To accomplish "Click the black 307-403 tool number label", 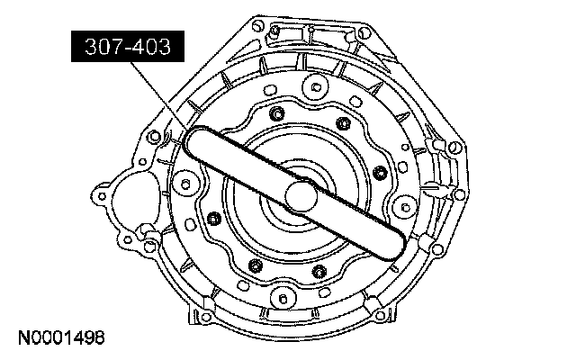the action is click(128, 46).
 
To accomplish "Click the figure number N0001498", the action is click(61, 338).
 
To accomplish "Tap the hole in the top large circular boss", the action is click(316, 87).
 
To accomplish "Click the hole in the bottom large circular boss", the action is click(283, 298).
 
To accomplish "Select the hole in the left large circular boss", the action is click(185, 184).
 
